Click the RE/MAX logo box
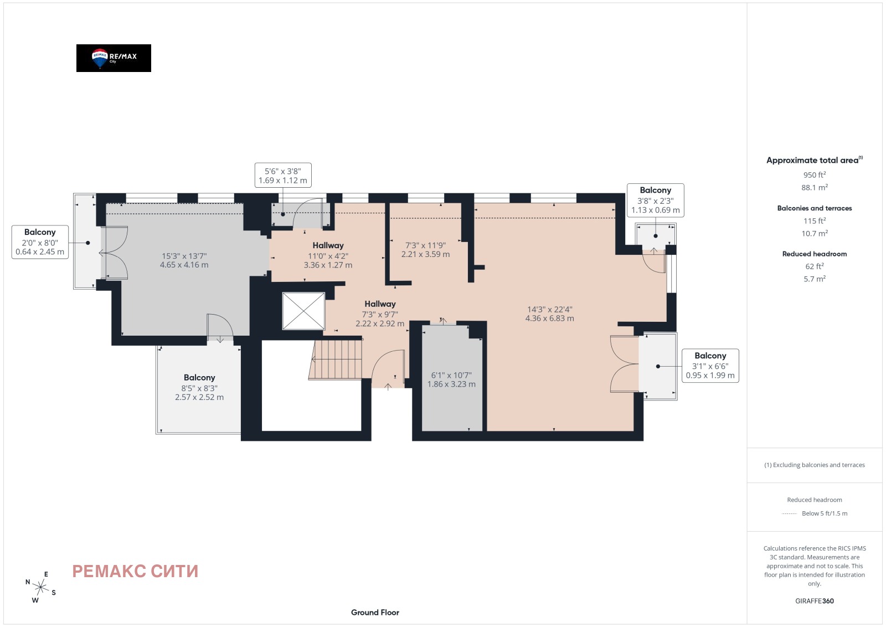[114, 58]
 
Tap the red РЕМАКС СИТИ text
[135, 571]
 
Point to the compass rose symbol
[41, 588]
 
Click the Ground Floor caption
[375, 613]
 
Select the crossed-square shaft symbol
[303, 311]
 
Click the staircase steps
[336, 359]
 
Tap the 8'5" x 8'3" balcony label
[199, 387]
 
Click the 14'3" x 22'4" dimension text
[549, 313]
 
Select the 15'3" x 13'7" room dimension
[184, 260]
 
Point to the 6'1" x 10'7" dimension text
[451, 379]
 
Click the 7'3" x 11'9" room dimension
[425, 250]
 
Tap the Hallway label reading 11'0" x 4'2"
[328, 255]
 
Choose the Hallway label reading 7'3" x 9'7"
[380, 313]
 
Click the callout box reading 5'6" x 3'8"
[283, 175]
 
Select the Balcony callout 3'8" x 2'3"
[656, 200]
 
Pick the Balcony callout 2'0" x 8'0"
[40, 241]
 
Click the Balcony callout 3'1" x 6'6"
[710, 366]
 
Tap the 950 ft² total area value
[815, 175]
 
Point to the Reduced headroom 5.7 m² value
[815, 279]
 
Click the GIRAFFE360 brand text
[815, 601]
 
